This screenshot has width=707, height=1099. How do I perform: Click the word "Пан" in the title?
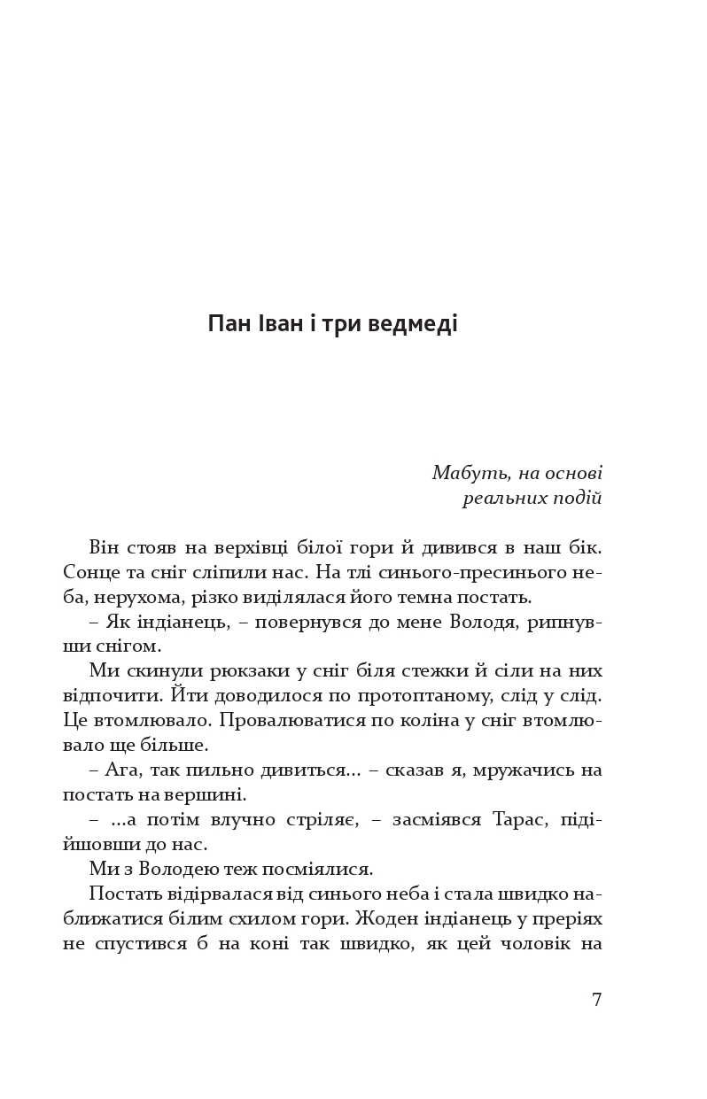(x=229, y=324)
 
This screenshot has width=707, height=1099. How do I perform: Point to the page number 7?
(x=596, y=1000)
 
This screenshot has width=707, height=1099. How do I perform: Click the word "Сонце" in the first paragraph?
(x=91, y=573)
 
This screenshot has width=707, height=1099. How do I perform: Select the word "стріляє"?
(x=322, y=819)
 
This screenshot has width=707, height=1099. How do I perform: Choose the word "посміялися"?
(x=322, y=869)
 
